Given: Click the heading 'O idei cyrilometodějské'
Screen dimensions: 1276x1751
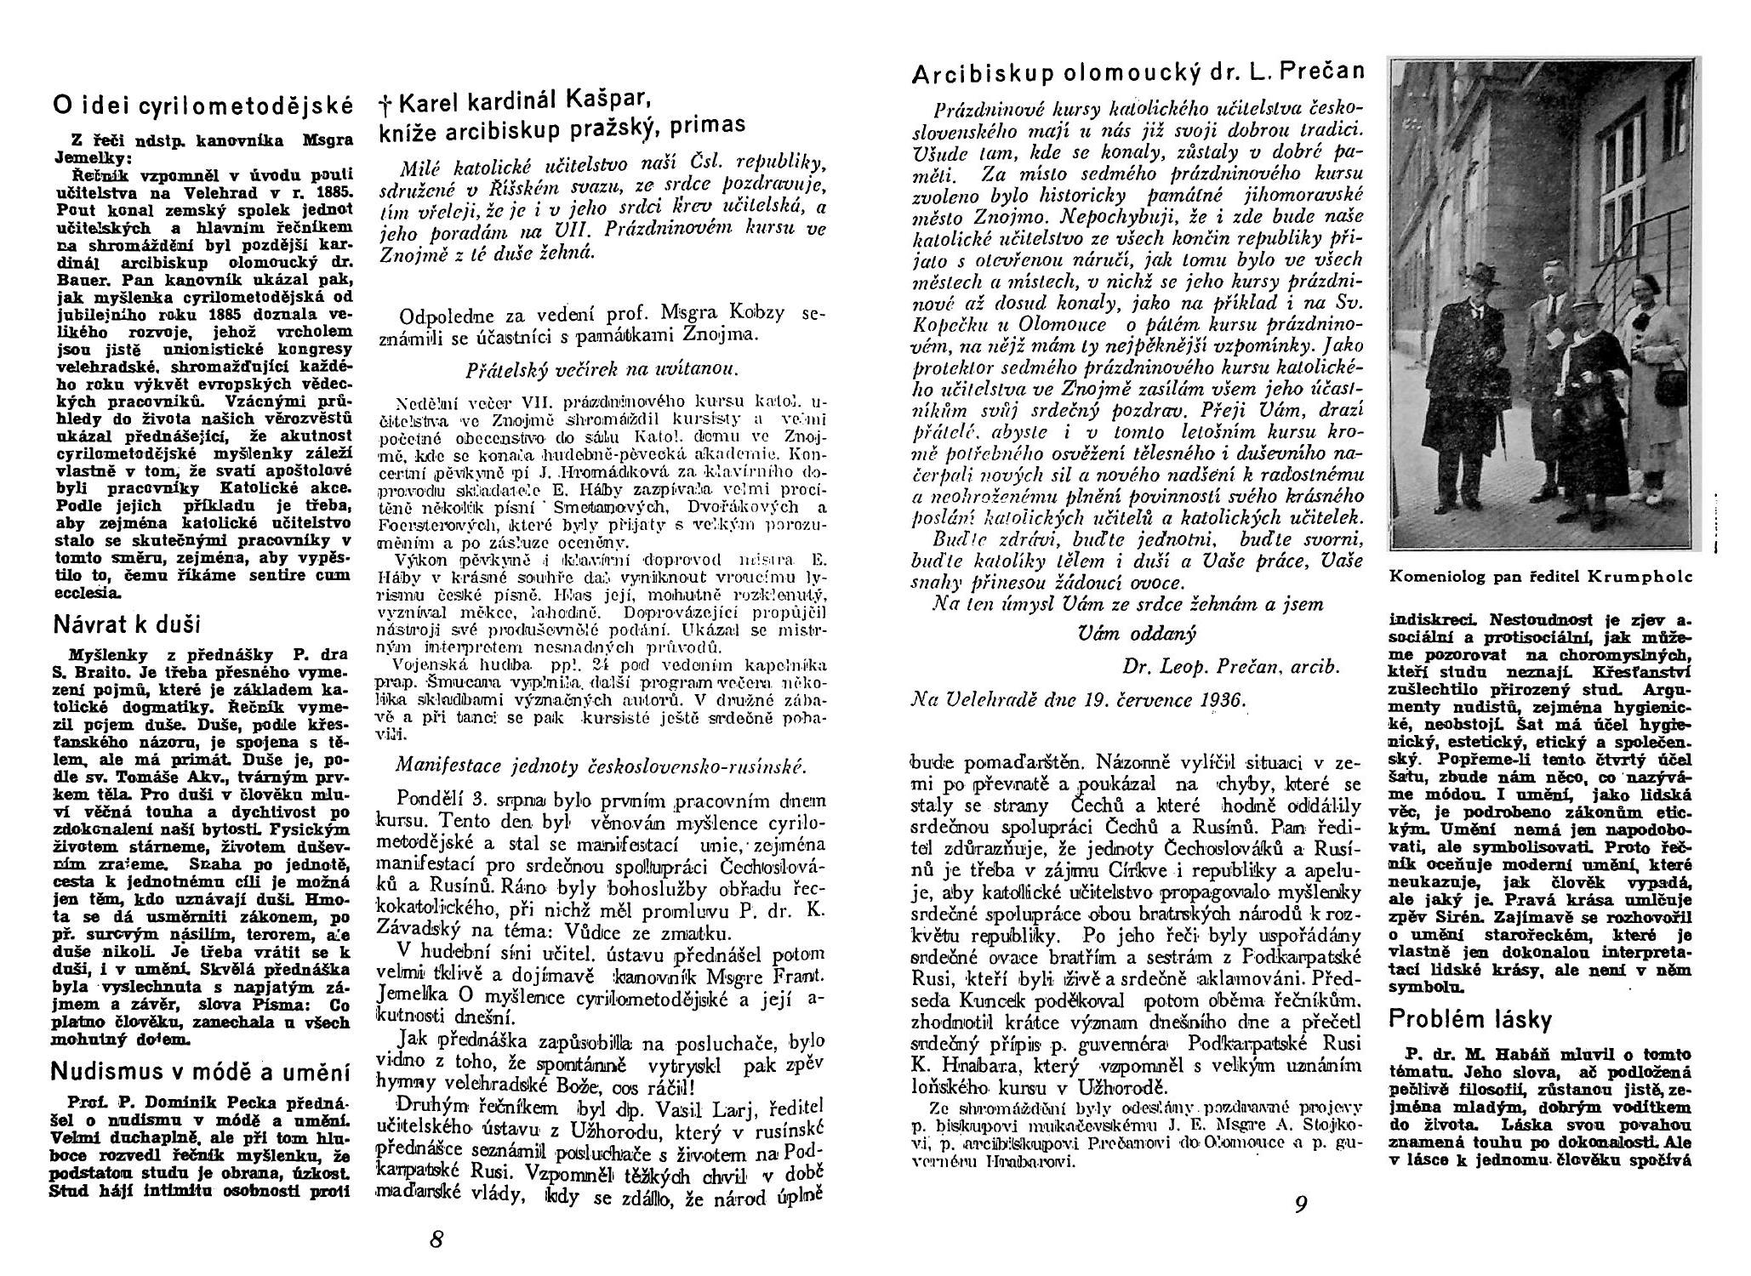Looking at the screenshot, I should [202, 106].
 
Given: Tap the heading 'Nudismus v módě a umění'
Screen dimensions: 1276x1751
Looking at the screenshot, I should [201, 1070].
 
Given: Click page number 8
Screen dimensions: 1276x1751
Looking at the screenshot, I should [436, 1239].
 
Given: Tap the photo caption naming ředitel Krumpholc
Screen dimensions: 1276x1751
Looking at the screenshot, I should [1540, 577].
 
